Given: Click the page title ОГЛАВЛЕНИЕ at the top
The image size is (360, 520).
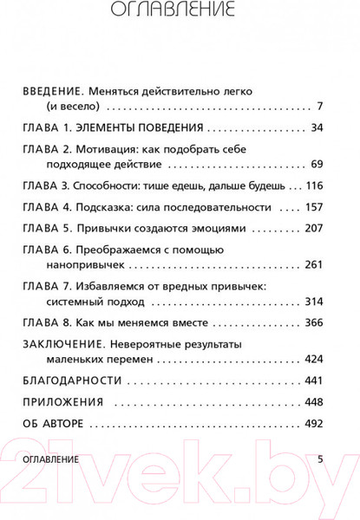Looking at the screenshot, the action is coord(180,11).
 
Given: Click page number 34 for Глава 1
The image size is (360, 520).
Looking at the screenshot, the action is coord(316,127).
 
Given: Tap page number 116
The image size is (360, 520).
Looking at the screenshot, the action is coord(312,185).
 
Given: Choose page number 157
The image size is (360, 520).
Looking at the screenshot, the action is coord(312,208).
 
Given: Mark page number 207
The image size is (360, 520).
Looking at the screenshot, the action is coord(312,230).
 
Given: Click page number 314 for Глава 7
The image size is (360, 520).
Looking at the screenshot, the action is coord(312,305).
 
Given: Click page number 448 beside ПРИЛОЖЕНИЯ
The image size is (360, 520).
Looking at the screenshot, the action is coord(312,402).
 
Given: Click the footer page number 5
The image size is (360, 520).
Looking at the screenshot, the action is coord(320,458).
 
